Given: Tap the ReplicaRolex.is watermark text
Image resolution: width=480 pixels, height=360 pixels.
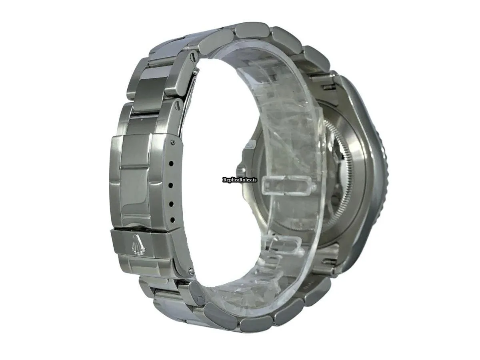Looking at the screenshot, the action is click(x=240, y=180).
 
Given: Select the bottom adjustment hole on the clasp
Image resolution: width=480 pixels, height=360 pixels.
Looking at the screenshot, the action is click(x=172, y=219).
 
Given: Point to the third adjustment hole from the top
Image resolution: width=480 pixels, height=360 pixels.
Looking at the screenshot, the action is click(x=172, y=204).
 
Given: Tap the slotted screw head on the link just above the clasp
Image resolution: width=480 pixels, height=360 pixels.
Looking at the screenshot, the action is click(x=176, y=107).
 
